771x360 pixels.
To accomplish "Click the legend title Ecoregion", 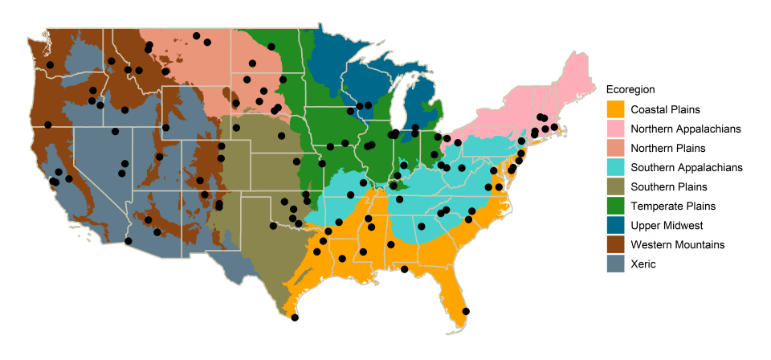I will click(631, 88).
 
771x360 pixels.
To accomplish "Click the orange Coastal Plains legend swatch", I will click(615, 109).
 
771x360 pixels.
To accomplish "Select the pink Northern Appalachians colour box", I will click(615, 129).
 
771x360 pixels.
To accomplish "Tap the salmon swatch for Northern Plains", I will click(615, 148).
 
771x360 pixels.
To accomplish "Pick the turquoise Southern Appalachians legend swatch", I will click(615, 167).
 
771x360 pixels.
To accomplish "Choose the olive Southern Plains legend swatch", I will click(615, 186).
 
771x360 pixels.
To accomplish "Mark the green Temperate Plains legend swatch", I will click(615, 206).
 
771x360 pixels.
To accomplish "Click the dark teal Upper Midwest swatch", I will click(615, 225).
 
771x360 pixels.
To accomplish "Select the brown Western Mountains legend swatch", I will click(615, 244).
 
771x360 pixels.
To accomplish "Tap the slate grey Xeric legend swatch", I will click(615, 264).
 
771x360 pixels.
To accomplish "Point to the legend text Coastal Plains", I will click(665, 109).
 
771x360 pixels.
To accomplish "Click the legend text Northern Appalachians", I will click(685, 129).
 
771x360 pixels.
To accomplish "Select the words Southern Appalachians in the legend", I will click(687, 167).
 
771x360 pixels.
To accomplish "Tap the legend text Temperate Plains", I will click(673, 206).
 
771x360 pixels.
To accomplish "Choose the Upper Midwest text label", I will click(667, 225).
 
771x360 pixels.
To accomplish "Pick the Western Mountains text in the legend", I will click(678, 244).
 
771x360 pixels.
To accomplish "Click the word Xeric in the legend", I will click(643, 264).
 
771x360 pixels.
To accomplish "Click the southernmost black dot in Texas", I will click(295, 318).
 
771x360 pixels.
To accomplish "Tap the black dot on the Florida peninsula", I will click(466, 311).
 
